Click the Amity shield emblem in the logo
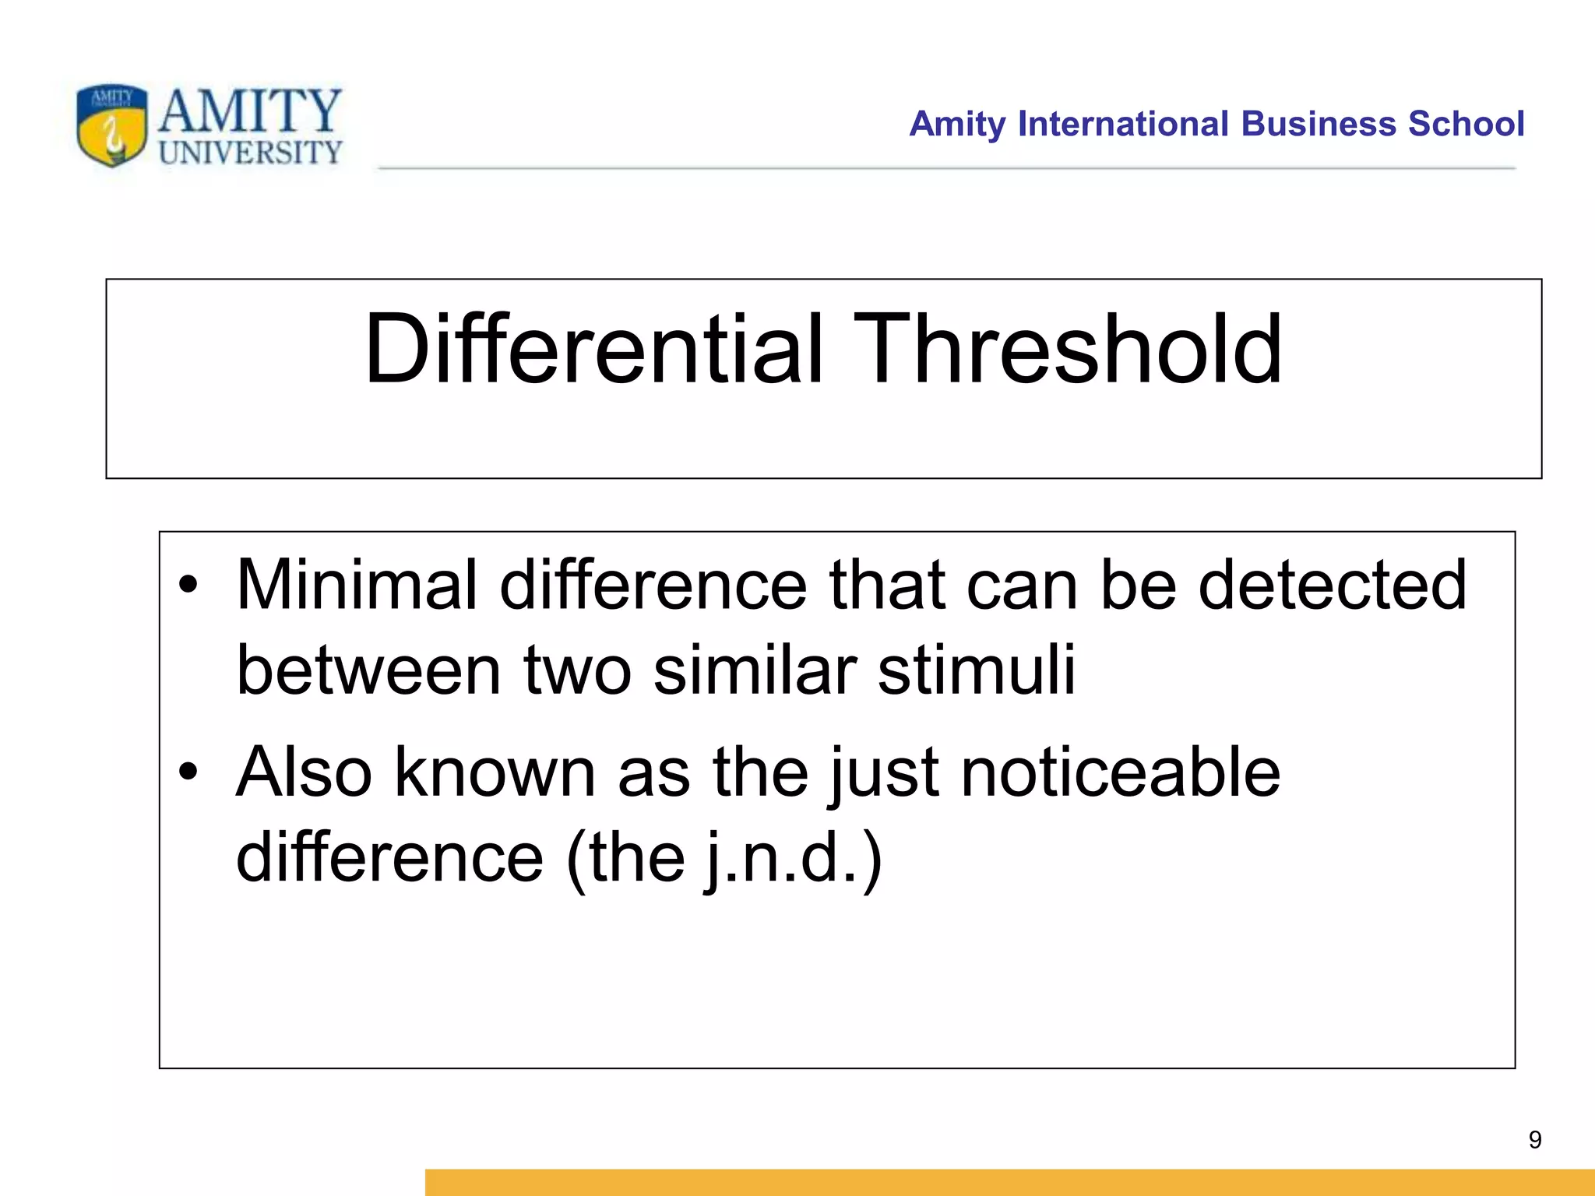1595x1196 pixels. click(x=112, y=125)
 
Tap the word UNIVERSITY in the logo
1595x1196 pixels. click(x=250, y=153)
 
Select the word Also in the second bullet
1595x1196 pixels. click(x=304, y=772)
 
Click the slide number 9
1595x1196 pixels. click(x=1534, y=1140)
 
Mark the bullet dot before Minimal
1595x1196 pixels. click(x=188, y=585)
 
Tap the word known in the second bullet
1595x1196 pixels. click(x=495, y=772)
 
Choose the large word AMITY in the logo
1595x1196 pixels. click(x=250, y=111)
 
